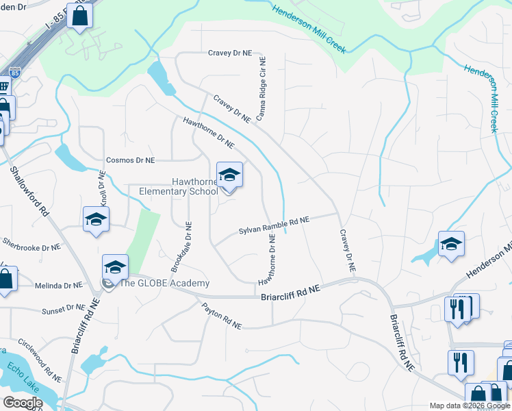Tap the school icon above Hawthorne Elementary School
(x=230, y=176)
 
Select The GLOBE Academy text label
(x=164, y=284)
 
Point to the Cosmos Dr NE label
(x=130, y=160)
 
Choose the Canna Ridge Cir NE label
(x=261, y=90)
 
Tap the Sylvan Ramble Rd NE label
(x=274, y=226)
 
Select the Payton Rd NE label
(x=222, y=317)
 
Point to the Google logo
(x=23, y=403)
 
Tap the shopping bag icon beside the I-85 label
(x=79, y=16)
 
